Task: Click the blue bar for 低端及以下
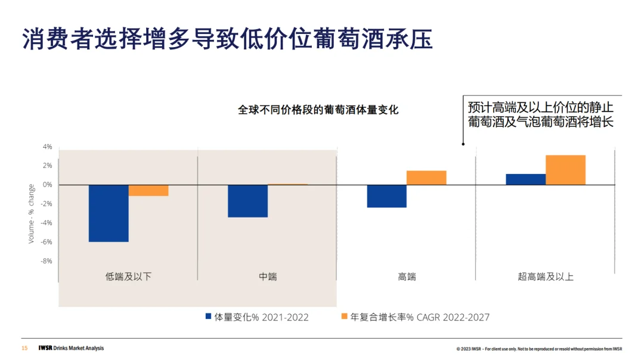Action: coord(109,213)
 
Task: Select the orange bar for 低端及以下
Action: coord(148,190)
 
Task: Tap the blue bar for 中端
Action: coord(247,201)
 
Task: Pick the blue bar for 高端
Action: coord(386,196)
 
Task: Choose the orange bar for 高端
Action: coord(426,178)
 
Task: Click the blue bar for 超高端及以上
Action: coord(525,179)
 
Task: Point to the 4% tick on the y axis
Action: coord(47,147)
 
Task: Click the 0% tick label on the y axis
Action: coord(47,185)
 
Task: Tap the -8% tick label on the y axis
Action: coord(47,261)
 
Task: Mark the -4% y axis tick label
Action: coord(47,223)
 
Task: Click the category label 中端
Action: coord(268,277)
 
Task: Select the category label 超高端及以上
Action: coord(546,277)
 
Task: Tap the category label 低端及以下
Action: coord(128,277)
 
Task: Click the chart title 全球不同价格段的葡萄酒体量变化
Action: coord(318,110)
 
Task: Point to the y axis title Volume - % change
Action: coord(32,213)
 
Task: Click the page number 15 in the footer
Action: coord(24,348)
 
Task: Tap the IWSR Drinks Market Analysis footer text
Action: coord(70,348)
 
